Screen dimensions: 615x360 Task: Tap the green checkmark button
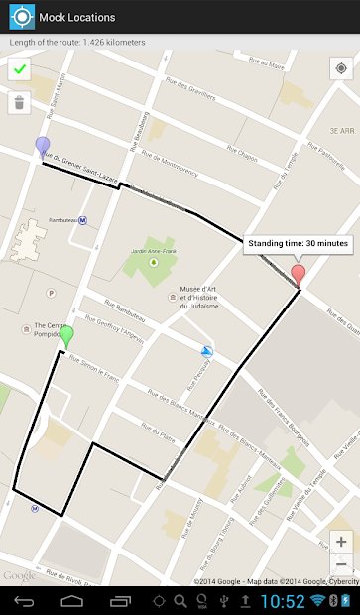[x=19, y=69]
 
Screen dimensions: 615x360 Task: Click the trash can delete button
[x=19, y=102]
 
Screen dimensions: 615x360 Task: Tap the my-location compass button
[x=340, y=69]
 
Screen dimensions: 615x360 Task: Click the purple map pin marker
[x=42, y=148]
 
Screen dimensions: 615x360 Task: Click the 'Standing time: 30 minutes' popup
[x=298, y=242]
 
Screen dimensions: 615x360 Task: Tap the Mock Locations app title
[x=76, y=17]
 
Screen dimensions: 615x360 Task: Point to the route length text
[x=77, y=42]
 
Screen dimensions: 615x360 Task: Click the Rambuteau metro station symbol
[x=82, y=221]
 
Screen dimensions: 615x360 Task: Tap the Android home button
[x=72, y=601]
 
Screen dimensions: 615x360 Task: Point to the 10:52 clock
[x=284, y=601]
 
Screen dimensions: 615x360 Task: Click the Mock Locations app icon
[x=18, y=17]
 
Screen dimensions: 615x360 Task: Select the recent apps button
[x=122, y=601]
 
